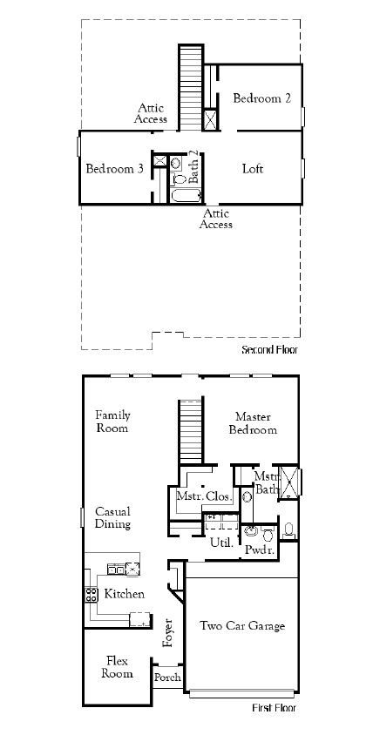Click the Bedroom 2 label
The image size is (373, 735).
(x=261, y=98)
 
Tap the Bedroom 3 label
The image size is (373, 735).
(x=114, y=169)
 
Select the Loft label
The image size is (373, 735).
(x=253, y=169)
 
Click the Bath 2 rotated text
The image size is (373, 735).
(x=193, y=165)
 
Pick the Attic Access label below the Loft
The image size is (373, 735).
(x=215, y=219)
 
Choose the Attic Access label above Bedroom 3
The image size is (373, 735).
(x=151, y=113)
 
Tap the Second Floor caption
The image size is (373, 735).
(x=269, y=350)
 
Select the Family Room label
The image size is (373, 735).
(x=112, y=421)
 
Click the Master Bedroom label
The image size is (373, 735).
(x=254, y=423)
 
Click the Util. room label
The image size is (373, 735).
(x=220, y=542)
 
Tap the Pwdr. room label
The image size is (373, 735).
(x=260, y=550)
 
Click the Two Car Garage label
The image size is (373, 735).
(x=242, y=625)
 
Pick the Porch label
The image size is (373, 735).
(x=167, y=678)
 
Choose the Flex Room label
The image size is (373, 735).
(x=119, y=666)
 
